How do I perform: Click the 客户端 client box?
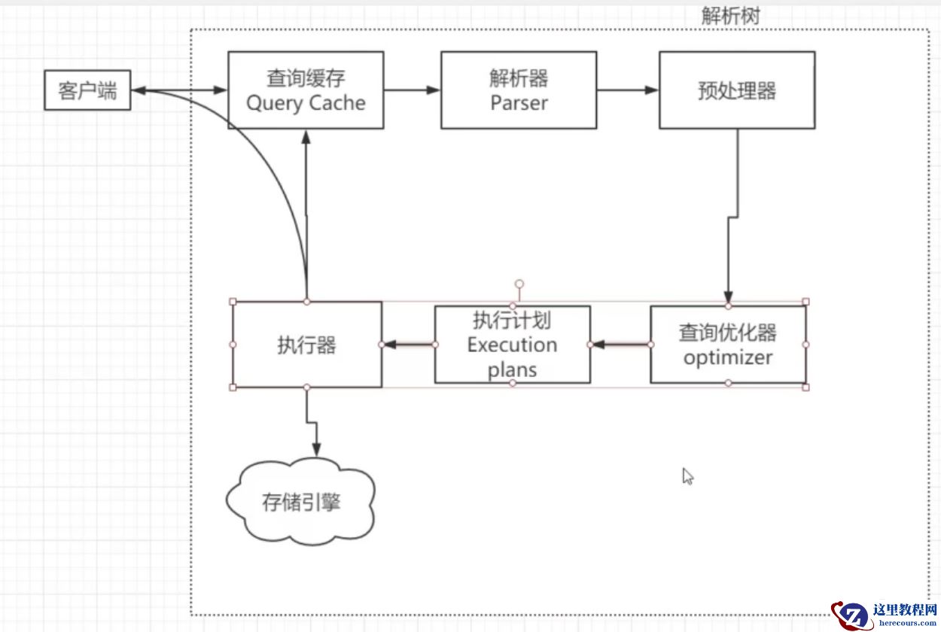tap(87, 90)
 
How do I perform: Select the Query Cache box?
tap(305, 90)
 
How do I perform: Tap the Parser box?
tap(518, 90)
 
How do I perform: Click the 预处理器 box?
tap(736, 90)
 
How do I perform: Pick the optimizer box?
tap(727, 345)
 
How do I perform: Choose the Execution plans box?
tap(512, 345)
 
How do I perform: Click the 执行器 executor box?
tap(306, 345)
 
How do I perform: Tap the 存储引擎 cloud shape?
tap(301, 501)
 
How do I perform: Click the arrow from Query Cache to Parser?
tap(412, 90)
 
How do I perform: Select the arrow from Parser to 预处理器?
tap(627, 90)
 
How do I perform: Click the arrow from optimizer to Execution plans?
tap(620, 345)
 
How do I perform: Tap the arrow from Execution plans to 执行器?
tap(408, 345)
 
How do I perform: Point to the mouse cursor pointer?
tap(687, 476)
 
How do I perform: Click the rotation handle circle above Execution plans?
tap(519, 285)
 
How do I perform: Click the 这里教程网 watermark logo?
tap(885, 614)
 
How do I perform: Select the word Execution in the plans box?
tap(512, 345)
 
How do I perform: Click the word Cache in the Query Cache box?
tap(333, 103)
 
